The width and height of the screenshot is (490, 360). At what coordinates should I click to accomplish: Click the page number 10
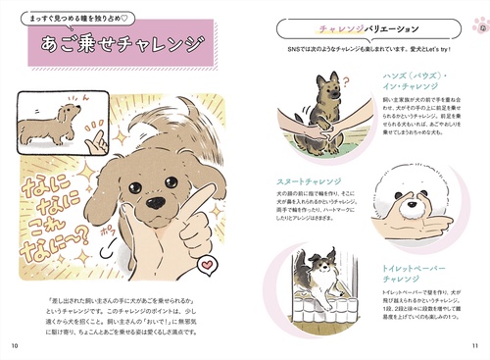(x=14, y=344)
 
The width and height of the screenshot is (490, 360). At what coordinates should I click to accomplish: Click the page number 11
(x=474, y=344)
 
